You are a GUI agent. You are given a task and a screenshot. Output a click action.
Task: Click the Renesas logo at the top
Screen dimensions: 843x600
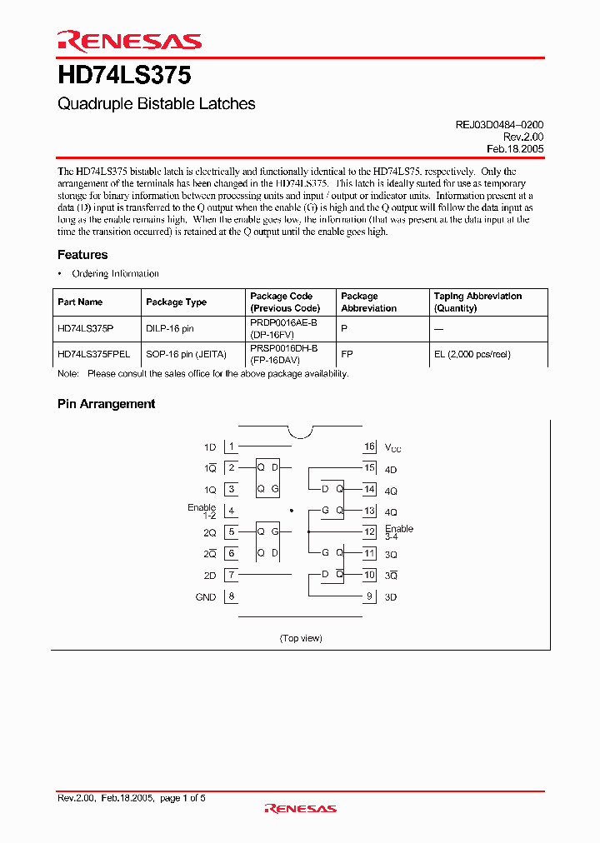(x=129, y=41)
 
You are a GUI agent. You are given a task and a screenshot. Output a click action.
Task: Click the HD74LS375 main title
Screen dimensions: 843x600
(x=125, y=75)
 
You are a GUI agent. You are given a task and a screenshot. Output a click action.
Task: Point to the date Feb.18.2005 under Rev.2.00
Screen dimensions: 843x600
(x=515, y=149)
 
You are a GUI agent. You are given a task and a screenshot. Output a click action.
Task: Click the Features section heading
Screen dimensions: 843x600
(x=82, y=255)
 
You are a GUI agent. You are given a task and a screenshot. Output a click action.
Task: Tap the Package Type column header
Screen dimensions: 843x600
(x=176, y=302)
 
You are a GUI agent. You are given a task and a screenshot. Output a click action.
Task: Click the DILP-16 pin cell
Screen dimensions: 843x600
(x=170, y=329)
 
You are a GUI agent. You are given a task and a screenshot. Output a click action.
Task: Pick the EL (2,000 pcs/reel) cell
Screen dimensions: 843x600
(x=472, y=354)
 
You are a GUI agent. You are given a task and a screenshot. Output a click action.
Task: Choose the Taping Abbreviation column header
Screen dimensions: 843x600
(x=477, y=302)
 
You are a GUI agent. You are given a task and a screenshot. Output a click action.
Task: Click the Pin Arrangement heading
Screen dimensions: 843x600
(x=106, y=404)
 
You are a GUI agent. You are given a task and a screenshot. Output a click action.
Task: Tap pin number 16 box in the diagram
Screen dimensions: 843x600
(x=370, y=447)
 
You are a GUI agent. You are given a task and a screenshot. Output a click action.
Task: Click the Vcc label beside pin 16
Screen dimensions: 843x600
(x=392, y=448)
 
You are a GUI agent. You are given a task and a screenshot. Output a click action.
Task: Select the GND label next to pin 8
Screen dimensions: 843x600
(x=205, y=597)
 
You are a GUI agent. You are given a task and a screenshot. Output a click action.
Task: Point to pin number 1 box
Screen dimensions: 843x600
(x=232, y=447)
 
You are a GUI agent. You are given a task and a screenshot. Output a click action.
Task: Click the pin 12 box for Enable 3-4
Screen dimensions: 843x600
(x=370, y=532)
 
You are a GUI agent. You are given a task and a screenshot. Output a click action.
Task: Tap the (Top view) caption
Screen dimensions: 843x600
(x=300, y=638)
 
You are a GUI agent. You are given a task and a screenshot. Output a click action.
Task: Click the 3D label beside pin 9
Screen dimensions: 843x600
(x=391, y=597)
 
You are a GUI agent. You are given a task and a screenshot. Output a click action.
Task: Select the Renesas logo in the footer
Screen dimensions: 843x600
(x=300, y=807)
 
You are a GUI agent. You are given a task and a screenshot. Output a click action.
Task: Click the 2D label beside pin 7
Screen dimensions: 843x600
(x=209, y=576)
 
